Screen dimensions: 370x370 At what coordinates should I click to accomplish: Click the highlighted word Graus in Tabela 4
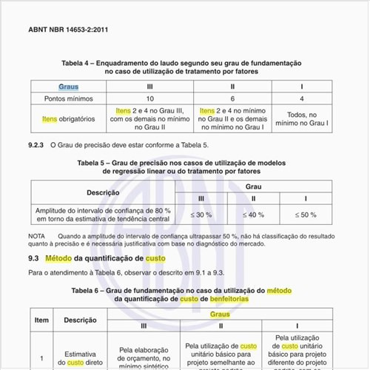coord(68,87)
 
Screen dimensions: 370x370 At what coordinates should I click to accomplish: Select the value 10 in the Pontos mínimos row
coord(150,98)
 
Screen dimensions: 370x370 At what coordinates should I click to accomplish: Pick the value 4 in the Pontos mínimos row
coord(301,98)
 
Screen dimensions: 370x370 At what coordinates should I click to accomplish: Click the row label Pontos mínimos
coord(68,98)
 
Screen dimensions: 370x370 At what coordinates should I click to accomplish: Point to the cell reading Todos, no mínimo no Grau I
coord(301,119)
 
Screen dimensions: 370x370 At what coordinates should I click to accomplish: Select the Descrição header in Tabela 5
coord(103,192)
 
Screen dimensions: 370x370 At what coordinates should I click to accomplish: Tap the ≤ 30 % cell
coord(201,215)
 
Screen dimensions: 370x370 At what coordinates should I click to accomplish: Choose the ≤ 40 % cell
coord(254,215)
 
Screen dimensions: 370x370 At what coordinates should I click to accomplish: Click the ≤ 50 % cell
coord(306,215)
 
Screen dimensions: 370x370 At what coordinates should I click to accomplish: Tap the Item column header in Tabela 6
coord(42,320)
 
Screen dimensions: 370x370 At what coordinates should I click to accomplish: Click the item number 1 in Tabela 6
coord(42,360)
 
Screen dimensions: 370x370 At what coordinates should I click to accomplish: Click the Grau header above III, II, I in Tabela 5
coord(253,186)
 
